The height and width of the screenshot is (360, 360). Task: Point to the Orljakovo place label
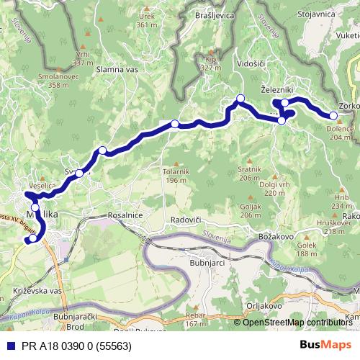(265, 305)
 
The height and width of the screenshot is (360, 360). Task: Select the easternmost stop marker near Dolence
(333, 116)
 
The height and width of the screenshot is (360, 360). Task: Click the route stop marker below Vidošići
(240, 99)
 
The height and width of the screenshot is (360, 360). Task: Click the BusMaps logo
(330, 345)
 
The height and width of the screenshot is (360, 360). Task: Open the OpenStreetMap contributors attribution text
(297, 322)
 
